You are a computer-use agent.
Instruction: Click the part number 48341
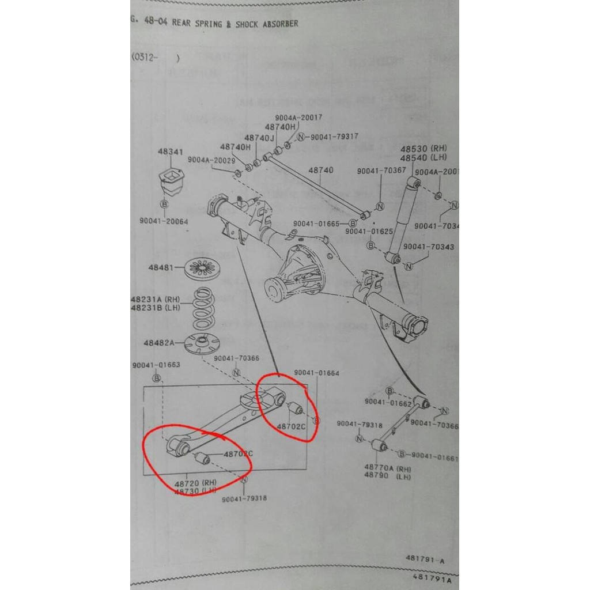pos(171,152)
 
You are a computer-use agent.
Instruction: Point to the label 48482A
pos(159,342)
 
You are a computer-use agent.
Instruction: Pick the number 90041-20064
pos(164,221)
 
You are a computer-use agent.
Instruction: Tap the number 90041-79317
pos(334,137)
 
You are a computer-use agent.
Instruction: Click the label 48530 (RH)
pos(424,149)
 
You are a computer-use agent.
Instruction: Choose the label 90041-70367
pos(381,171)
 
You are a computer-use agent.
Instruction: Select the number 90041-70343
pos(429,247)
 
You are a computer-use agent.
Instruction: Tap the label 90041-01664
pos(316,373)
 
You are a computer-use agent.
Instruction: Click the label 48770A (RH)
pos(387,468)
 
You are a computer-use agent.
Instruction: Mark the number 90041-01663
pos(156,365)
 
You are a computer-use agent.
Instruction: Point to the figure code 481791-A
pos(425,559)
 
